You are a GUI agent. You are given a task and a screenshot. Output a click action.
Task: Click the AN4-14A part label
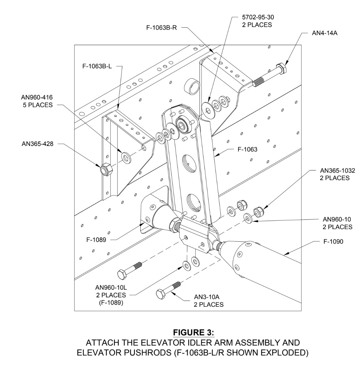click(x=325, y=33)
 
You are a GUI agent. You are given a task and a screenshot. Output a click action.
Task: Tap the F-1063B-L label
click(x=97, y=67)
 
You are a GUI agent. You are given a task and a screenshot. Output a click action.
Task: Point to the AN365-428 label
click(x=37, y=144)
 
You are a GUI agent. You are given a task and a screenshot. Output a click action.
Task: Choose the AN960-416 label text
click(x=37, y=97)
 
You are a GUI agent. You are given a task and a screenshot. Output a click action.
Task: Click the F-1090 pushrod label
click(x=333, y=241)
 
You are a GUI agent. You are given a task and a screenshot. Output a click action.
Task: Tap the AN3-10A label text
click(x=208, y=297)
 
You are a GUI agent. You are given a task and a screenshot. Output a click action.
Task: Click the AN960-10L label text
click(x=111, y=287)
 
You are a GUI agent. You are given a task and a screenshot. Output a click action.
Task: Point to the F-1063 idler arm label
click(x=247, y=149)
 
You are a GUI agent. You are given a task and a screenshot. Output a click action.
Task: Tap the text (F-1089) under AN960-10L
click(x=111, y=303)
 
